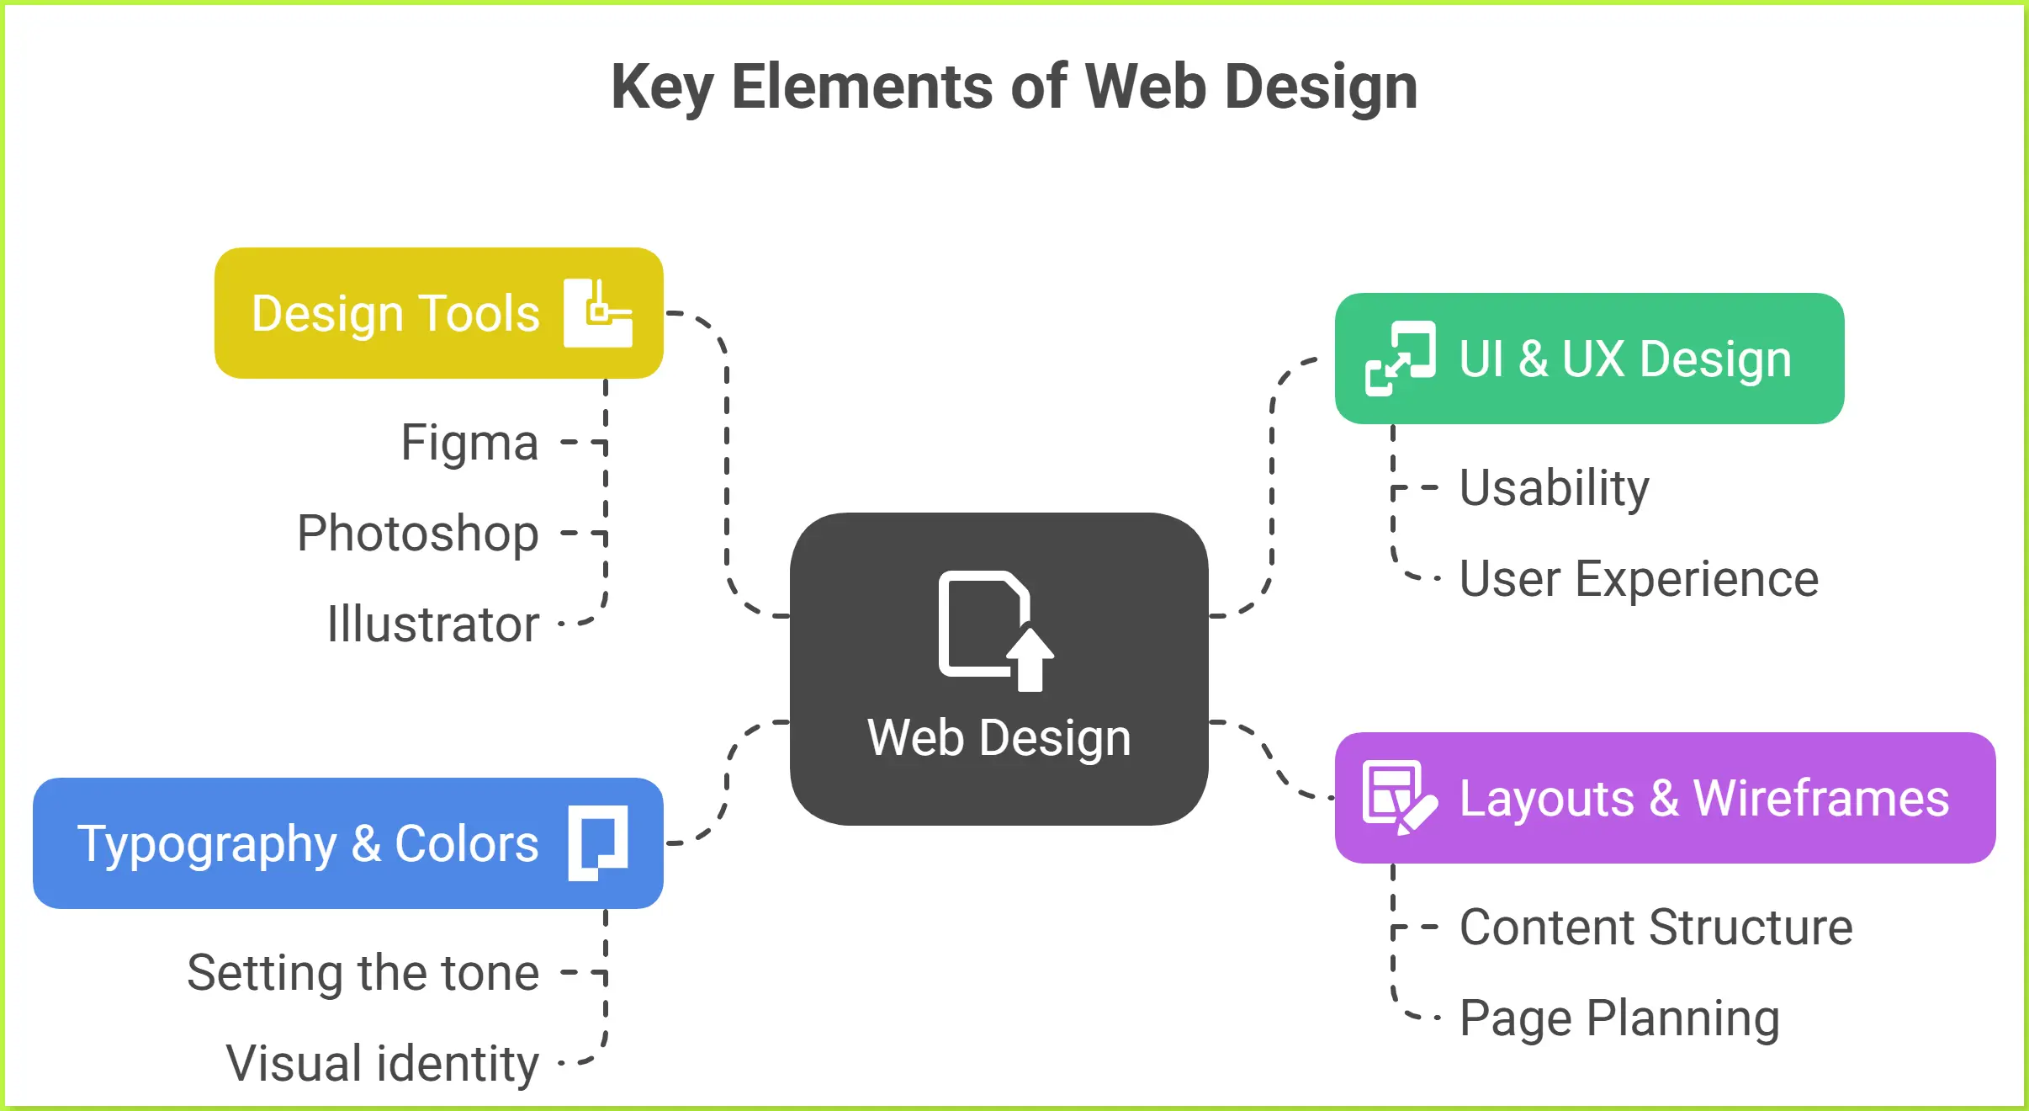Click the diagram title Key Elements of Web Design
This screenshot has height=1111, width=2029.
(1014, 87)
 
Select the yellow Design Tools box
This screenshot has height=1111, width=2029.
(395, 313)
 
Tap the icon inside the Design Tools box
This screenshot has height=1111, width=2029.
(598, 313)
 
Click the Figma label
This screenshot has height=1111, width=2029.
(469, 443)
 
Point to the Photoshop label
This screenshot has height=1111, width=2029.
(418, 534)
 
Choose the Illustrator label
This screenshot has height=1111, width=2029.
(433, 625)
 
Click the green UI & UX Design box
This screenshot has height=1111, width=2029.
(1624, 359)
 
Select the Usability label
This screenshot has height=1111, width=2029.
(1554, 488)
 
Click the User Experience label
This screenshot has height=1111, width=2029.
(1639, 579)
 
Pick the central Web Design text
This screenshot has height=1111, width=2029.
(999, 738)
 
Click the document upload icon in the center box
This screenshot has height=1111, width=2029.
(995, 630)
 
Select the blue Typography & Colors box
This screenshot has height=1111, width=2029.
(308, 843)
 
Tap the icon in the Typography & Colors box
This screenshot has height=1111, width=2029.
(598, 843)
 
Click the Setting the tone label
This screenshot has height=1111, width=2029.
(363, 973)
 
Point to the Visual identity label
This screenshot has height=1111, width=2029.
(383, 1064)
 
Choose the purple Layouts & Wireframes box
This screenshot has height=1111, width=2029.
(1703, 798)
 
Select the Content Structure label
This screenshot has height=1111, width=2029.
(1656, 928)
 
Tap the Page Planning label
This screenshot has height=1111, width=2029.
(1619, 1018)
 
